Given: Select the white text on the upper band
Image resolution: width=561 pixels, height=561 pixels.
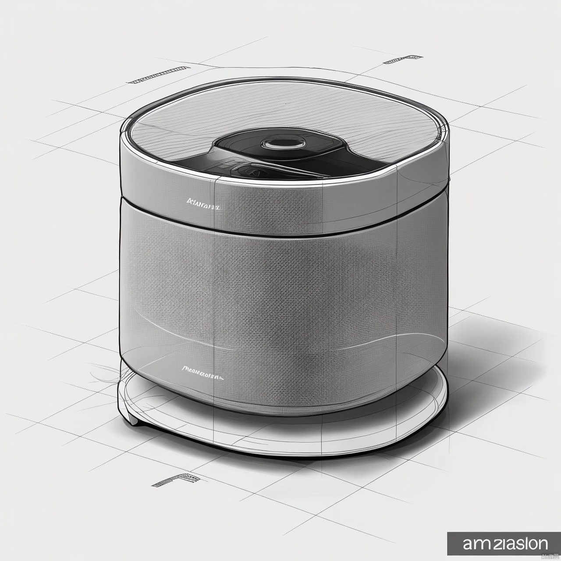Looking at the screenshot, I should [202, 202].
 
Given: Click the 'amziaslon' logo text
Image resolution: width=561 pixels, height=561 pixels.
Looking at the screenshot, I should [505, 543].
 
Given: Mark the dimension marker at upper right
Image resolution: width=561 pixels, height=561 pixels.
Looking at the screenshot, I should [403, 60].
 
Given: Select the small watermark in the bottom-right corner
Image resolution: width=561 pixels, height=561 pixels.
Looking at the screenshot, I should [550, 557].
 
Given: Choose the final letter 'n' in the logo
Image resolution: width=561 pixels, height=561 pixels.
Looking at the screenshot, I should [542, 543].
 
